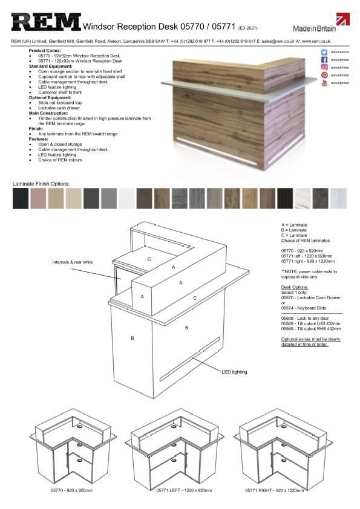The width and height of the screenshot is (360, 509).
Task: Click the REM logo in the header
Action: [46, 23]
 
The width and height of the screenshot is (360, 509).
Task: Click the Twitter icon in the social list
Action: [324, 53]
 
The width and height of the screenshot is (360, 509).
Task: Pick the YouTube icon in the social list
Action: [324, 83]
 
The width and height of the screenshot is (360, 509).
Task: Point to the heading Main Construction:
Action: [48, 113]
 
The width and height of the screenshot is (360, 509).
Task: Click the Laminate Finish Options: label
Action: [41, 183]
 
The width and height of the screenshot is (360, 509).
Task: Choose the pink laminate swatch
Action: [38, 198]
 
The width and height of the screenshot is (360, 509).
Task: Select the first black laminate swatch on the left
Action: [20, 198]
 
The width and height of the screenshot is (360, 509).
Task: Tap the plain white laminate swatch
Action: [126, 198]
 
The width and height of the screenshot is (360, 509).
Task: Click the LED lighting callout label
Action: [234, 372]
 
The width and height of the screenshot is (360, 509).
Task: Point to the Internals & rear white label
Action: [72, 262]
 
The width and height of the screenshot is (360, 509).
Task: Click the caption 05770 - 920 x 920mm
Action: [71, 490]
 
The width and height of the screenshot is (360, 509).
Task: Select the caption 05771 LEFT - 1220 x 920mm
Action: [176, 490]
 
